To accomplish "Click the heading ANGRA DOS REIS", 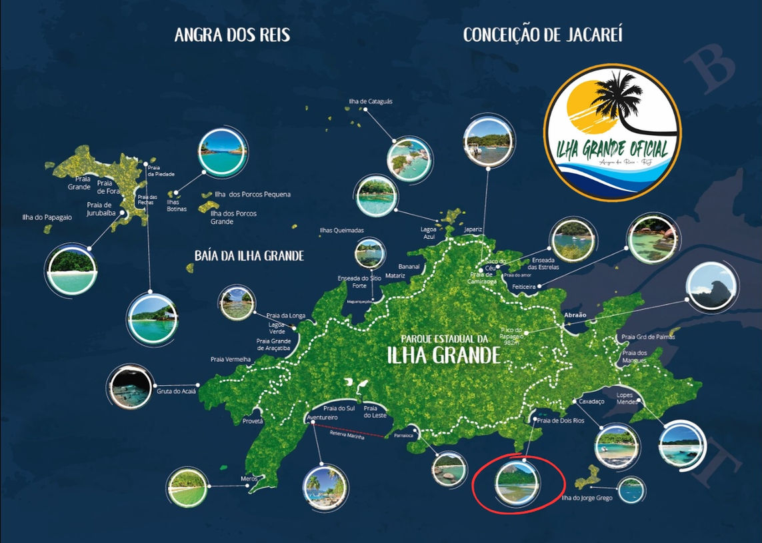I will click(232, 35).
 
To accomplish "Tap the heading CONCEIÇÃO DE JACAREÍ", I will click(543, 35).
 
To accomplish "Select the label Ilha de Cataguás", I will click(370, 101).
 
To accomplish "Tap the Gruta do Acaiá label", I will click(176, 391).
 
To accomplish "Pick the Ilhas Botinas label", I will click(177, 206).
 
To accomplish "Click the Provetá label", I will click(253, 421).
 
